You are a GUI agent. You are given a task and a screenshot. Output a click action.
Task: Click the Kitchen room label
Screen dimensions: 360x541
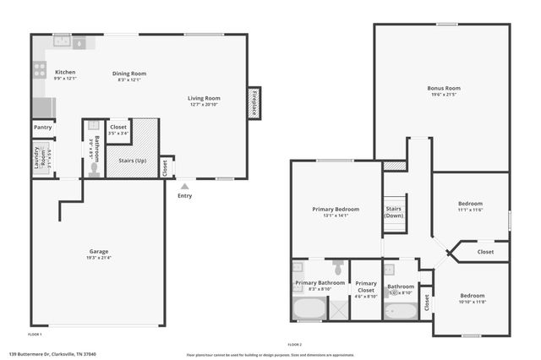coord(65,73)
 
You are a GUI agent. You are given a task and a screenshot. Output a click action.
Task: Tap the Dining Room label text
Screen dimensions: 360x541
coord(129,74)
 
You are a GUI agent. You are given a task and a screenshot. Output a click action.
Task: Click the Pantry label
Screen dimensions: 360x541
coord(42,128)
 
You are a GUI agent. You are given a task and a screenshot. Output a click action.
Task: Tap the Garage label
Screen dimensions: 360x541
coord(99,251)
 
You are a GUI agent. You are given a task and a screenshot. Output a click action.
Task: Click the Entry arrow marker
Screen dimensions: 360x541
coord(184,185)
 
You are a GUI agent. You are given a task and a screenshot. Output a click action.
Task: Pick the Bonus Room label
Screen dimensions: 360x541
coord(443,88)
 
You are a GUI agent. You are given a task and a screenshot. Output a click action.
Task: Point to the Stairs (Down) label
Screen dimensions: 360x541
coord(394,211)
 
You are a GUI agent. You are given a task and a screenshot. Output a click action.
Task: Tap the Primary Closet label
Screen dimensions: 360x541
coord(365,286)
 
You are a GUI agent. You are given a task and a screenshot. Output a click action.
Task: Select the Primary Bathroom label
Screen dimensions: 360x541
coord(320,282)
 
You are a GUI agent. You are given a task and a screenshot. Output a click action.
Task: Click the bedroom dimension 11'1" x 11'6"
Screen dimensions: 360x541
coord(470,210)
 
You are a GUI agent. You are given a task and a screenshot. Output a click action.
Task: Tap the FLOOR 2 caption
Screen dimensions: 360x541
coord(294,345)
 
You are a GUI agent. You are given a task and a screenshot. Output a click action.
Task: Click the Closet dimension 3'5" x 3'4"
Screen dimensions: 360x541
coord(118,133)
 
